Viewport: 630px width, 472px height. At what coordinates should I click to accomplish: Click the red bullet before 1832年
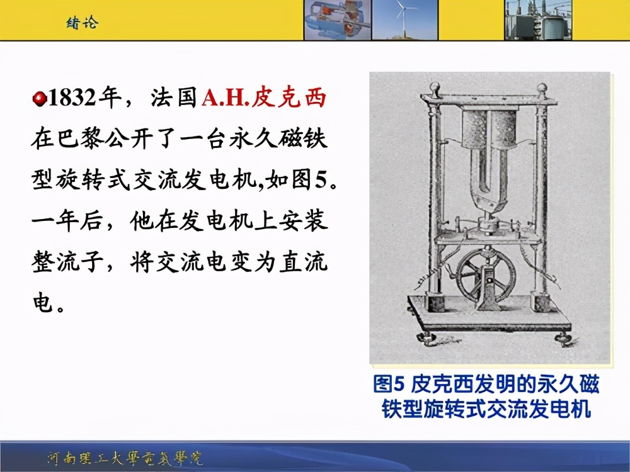click(x=39, y=99)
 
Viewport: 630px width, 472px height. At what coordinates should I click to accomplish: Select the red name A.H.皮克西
click(x=264, y=99)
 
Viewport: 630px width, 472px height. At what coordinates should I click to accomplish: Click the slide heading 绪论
click(x=83, y=23)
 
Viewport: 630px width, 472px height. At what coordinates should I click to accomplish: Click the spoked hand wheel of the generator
click(x=485, y=275)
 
